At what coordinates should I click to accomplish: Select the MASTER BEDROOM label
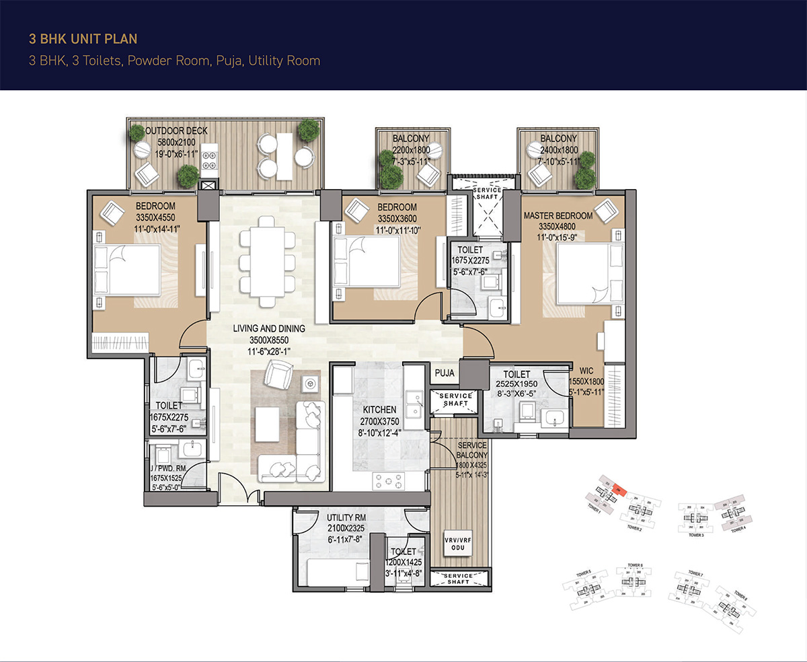[x=558, y=216]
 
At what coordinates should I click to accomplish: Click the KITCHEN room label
[x=380, y=410]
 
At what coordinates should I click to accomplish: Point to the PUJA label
[x=445, y=372]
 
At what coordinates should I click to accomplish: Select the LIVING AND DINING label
[x=269, y=328]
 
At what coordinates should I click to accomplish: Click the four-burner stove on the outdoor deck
[x=208, y=159]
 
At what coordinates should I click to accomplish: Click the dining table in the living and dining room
[x=266, y=257]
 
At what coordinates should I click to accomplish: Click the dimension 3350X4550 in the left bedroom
[x=155, y=218]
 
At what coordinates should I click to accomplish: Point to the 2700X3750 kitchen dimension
[x=380, y=422]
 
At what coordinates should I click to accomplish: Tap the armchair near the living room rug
[x=277, y=373]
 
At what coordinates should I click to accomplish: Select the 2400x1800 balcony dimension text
[x=558, y=151]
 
